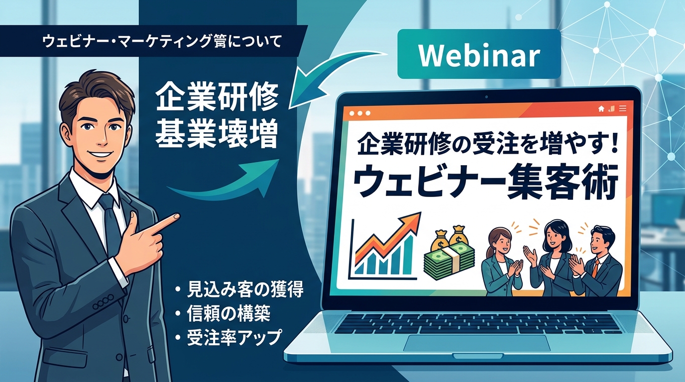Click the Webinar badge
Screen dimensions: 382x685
click(x=479, y=56)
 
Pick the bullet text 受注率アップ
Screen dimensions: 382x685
click(x=234, y=338)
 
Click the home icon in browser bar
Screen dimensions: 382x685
click(x=601, y=108)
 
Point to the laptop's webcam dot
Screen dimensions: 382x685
click(x=485, y=95)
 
